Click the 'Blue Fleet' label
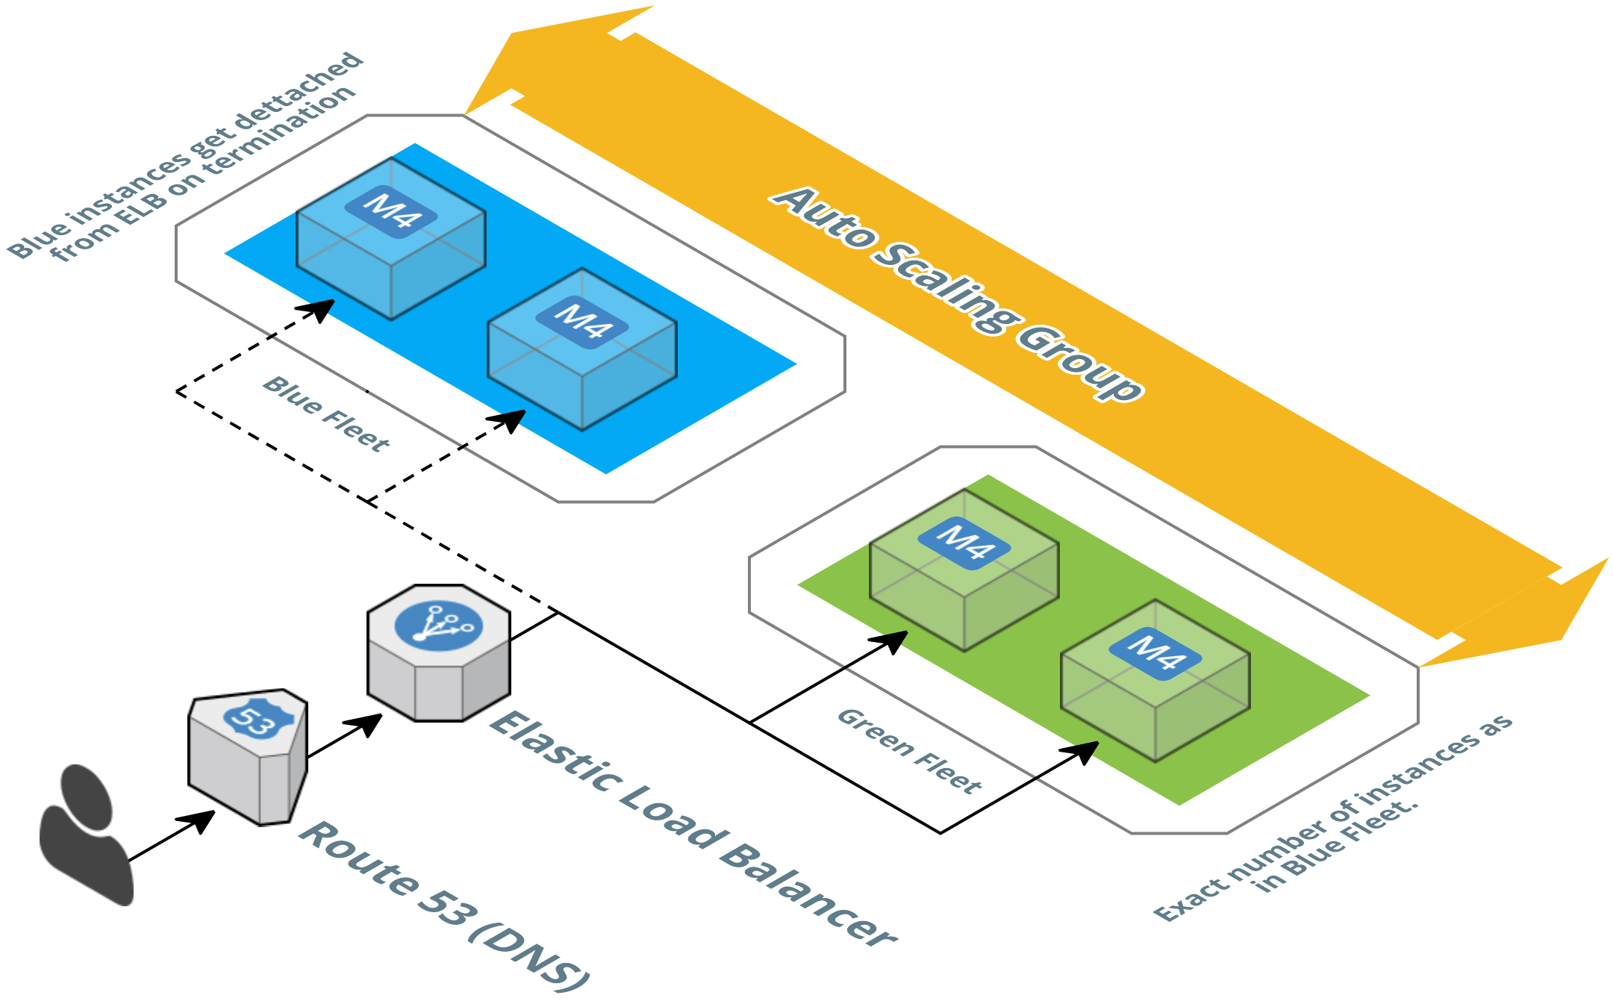point(325,414)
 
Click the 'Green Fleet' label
point(909,751)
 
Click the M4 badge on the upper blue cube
point(390,211)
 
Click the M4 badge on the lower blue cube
point(582,322)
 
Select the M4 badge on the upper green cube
point(964,543)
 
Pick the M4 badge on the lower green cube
point(1155,653)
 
